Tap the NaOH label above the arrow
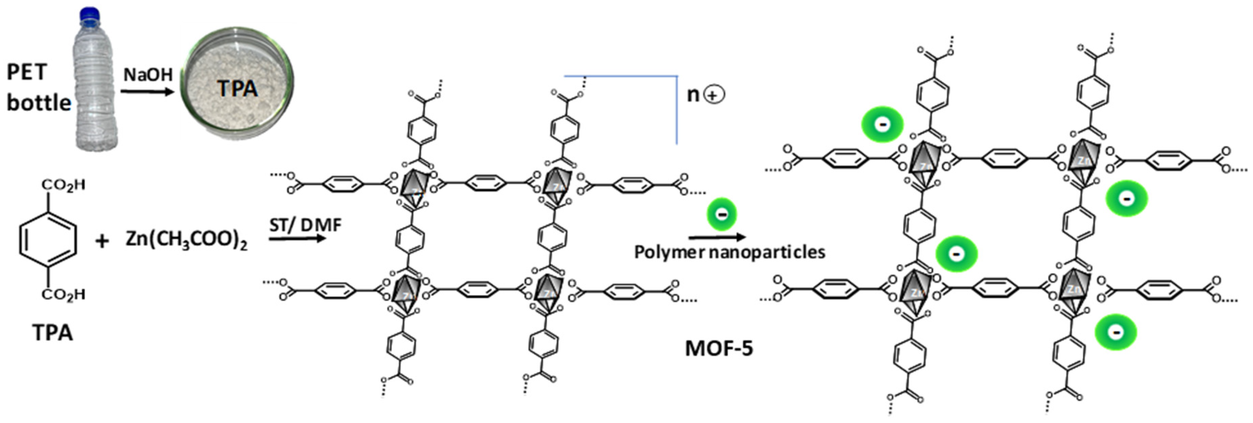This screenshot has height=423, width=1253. click(x=148, y=75)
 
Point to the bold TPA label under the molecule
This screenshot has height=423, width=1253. click(x=52, y=333)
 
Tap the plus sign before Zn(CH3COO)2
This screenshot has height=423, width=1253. click(x=102, y=241)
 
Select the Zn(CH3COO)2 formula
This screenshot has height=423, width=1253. click(x=186, y=240)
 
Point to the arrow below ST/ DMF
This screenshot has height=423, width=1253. click(x=297, y=238)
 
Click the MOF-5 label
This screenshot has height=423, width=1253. click(x=719, y=348)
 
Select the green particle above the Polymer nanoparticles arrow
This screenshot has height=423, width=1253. click(x=722, y=214)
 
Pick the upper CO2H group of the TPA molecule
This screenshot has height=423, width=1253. click(x=64, y=186)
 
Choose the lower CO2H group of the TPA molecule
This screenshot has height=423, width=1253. click(x=64, y=295)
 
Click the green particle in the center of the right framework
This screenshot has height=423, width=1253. click(x=956, y=254)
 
